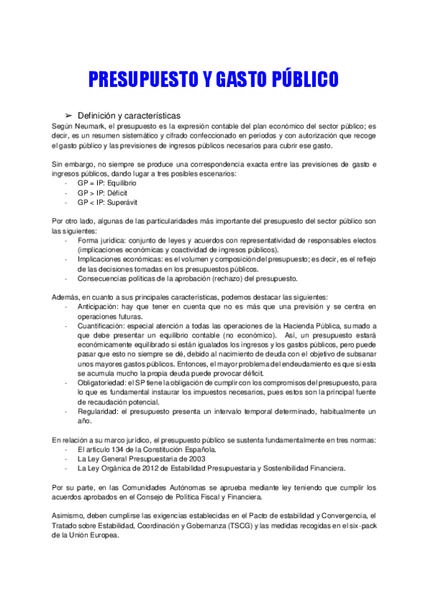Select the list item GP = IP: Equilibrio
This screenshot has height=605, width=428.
pos(107,183)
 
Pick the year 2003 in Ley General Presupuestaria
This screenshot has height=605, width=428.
pos(193,459)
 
